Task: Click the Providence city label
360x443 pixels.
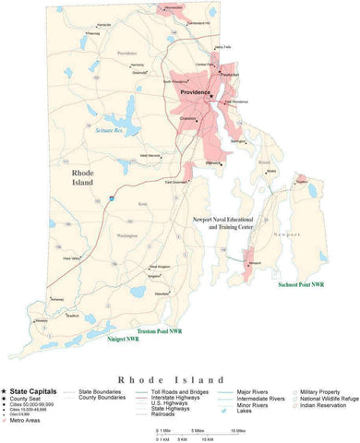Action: tap(197, 92)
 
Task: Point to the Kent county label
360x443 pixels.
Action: tap(142, 203)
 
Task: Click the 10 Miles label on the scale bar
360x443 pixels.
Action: tap(239, 430)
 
